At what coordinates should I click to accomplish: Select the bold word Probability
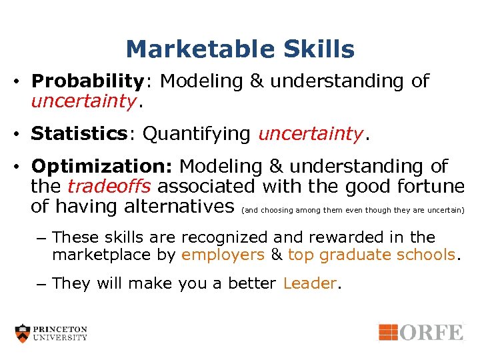(87, 82)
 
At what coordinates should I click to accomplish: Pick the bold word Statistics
(79, 134)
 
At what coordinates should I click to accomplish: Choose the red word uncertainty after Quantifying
(311, 134)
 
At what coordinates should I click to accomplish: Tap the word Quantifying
(197, 134)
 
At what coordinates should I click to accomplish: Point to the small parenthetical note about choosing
(353, 210)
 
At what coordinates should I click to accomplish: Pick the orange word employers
(223, 255)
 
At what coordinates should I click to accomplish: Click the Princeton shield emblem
(23, 333)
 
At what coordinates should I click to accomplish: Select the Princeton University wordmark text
(61, 333)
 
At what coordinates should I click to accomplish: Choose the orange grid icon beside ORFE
(389, 331)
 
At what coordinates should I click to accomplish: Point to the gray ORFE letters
(431, 331)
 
